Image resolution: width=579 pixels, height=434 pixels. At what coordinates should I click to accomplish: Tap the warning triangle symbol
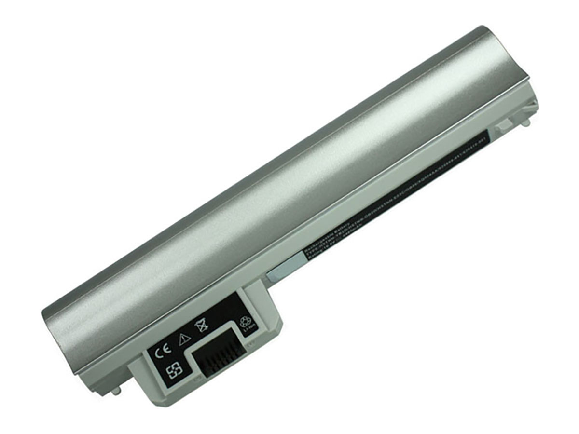184,339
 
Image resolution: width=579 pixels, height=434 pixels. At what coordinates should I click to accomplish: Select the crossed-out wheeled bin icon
201,326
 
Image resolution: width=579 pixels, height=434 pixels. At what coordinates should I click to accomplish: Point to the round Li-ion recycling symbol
245,325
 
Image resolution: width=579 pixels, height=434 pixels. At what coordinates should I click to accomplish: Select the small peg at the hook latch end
526,123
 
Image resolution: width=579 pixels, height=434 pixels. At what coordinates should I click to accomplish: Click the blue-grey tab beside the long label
285,267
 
